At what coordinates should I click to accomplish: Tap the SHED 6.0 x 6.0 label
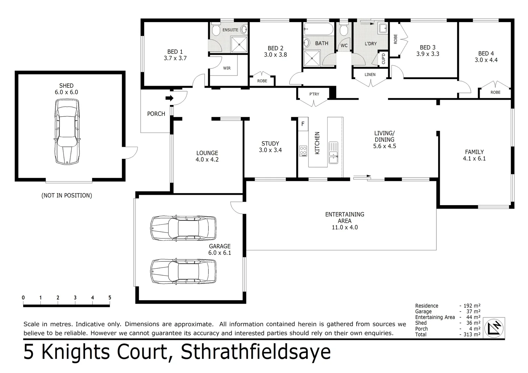[66, 89]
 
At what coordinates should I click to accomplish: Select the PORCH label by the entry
[156, 114]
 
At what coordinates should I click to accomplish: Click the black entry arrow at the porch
[169, 98]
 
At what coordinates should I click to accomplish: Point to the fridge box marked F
[303, 124]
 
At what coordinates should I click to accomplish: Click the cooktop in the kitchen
[303, 151]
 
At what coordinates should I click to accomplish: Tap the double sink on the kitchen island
[333, 153]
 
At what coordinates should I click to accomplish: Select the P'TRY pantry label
[314, 94]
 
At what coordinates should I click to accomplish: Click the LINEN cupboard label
[370, 75]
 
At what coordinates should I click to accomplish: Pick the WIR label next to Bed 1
[227, 68]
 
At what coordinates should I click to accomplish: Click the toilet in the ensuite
[216, 30]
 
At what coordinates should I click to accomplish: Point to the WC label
[344, 46]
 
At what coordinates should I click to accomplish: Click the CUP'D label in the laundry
[383, 58]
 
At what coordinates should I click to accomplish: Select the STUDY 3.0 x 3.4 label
[270, 147]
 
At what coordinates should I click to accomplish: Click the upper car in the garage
[183, 228]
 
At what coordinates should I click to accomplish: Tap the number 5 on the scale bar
[110, 298]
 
